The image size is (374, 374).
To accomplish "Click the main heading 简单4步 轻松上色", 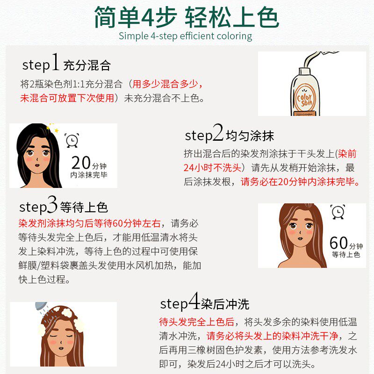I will coord(187,18).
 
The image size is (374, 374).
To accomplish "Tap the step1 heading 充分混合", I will coord(87,65).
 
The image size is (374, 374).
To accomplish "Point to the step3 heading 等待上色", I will coord(83,207).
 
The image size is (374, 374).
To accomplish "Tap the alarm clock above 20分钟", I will coord(72,140).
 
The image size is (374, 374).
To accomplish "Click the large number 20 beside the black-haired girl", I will coord(80,163).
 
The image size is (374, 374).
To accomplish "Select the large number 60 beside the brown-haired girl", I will coord(339,243).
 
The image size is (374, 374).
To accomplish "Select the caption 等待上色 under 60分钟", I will coord(346,255).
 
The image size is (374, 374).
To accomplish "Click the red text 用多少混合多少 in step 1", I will coord(168,85).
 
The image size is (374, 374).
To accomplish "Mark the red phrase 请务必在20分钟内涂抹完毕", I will coord(300,181).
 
